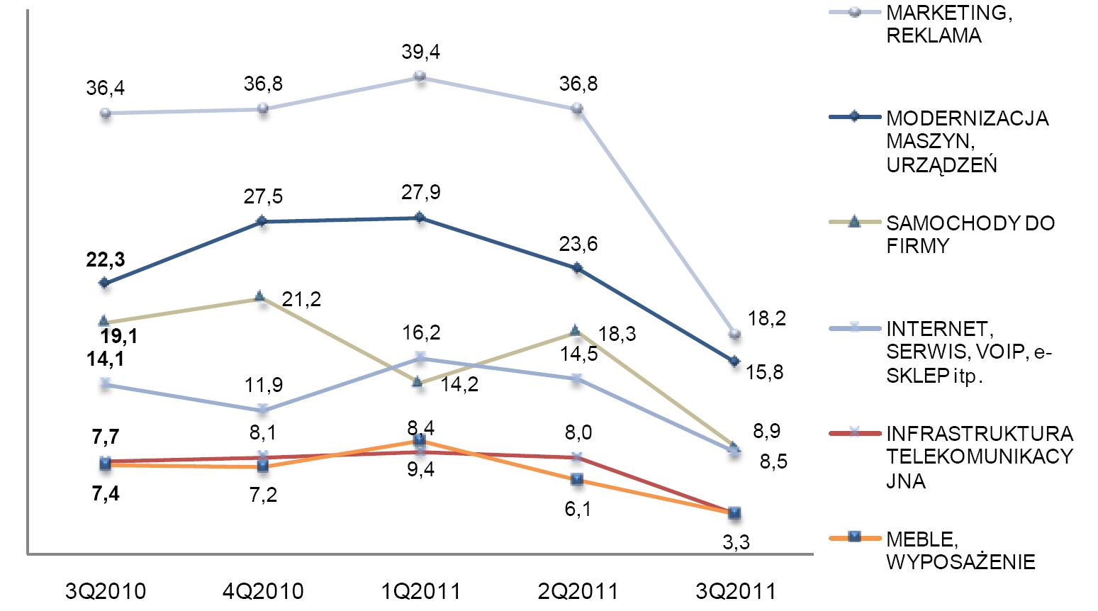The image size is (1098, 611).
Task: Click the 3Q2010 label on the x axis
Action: click(x=106, y=591)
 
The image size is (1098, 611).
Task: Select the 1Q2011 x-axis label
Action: click(x=420, y=591)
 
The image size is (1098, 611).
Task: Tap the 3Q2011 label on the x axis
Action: click(x=735, y=591)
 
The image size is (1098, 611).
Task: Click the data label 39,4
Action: click(x=420, y=52)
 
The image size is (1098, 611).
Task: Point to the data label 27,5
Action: click(x=263, y=196)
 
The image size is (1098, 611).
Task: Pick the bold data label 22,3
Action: click(x=105, y=260)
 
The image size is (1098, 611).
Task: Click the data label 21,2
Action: click(x=301, y=299)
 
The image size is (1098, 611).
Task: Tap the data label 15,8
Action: click(x=765, y=371)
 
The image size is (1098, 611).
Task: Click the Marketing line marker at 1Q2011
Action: click(x=420, y=76)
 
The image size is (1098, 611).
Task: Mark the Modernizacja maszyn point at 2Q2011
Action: click(x=578, y=268)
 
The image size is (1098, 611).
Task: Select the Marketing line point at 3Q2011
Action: click(x=735, y=333)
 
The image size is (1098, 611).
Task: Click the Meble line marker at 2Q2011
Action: click(x=578, y=479)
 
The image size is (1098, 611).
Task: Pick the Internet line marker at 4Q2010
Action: click(x=263, y=409)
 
